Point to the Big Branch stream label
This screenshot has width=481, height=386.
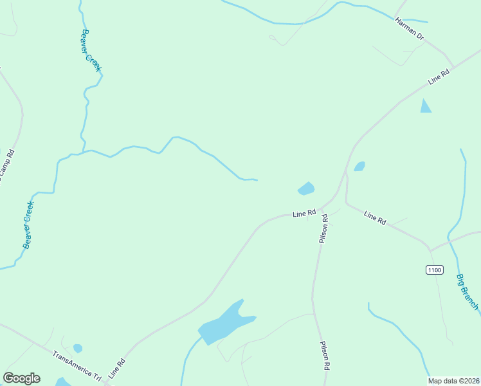coord(467,292)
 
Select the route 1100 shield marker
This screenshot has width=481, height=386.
coord(434,270)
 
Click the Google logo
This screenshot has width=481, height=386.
coord(21,378)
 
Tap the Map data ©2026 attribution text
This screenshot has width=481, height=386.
coord(454,381)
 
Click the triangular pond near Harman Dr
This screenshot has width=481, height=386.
coord(425,107)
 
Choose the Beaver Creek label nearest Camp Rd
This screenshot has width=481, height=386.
coord(28,225)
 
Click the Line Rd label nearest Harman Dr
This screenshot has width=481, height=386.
coord(438,77)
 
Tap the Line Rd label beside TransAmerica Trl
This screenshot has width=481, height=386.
coord(116,367)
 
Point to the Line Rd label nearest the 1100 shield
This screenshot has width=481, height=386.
coord(375,217)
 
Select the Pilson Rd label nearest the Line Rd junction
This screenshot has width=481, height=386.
coord(323,229)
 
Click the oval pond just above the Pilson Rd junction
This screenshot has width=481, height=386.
coord(306,188)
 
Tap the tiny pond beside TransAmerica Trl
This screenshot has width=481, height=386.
coord(78,348)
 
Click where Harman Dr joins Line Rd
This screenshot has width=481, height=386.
coord(452,66)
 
